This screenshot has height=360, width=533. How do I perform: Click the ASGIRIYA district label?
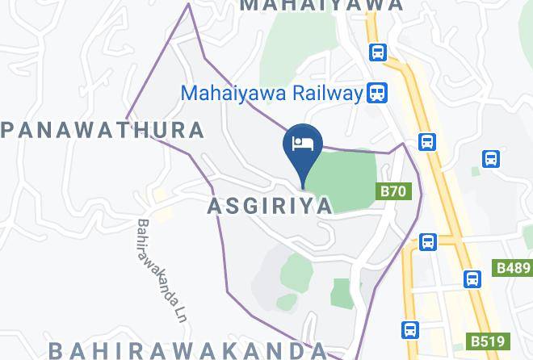coord(270,206)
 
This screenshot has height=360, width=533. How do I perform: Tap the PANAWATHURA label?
coord(103,130)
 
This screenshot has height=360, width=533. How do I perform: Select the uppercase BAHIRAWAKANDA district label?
coord(187,350)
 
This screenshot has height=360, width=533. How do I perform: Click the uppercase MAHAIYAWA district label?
coord(321,5)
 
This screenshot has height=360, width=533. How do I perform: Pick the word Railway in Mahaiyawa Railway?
coord(323,93)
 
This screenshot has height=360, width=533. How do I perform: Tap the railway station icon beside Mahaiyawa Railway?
coord(376,93)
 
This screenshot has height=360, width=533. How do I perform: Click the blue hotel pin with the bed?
coord(303,145)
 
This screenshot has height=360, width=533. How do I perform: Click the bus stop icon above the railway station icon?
coord(377,52)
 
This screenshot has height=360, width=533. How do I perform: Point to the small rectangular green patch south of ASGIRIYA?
coord(341,292)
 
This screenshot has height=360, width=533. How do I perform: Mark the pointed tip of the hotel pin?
coord(303,188)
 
